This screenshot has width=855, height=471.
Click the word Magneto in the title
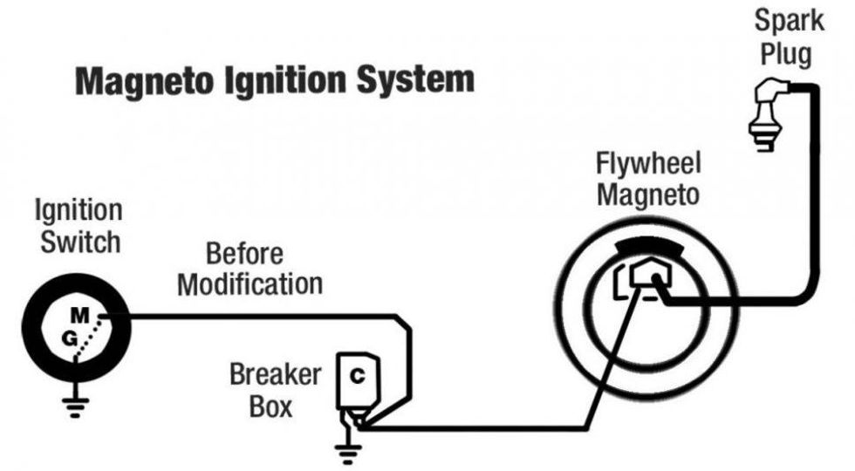[x=144, y=81]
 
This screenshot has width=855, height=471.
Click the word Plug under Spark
[x=785, y=54]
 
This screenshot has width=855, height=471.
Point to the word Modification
[x=251, y=284]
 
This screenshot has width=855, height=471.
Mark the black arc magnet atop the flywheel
[x=648, y=248]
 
